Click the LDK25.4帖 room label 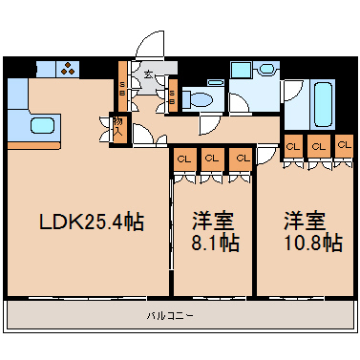[x=91, y=222]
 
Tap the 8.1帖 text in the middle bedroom [x=213, y=243]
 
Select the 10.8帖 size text [x=311, y=243]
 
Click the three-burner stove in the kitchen [x=70, y=68]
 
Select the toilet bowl [x=200, y=97]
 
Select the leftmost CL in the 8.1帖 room [x=183, y=158]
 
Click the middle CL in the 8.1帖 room [x=213, y=158]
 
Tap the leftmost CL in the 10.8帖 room [x=293, y=146]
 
